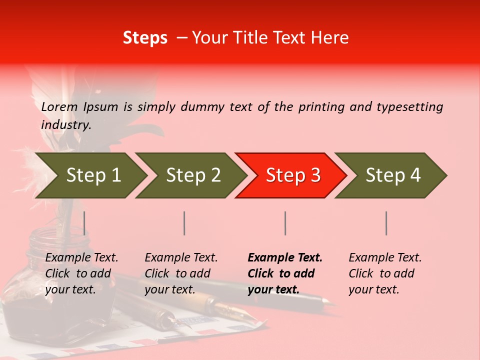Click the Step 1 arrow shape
point(92,175)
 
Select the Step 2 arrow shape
point(192,175)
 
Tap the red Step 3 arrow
point(292,175)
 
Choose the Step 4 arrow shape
point(392,175)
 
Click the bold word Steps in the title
point(145,38)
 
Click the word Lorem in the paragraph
point(59,106)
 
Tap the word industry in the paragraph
point(65,124)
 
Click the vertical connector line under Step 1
point(84,223)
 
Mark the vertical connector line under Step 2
point(184,223)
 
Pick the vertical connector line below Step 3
point(285,223)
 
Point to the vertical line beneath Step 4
point(386,223)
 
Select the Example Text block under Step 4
point(385,273)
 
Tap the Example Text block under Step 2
point(181,273)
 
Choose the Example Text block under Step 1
point(81,273)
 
